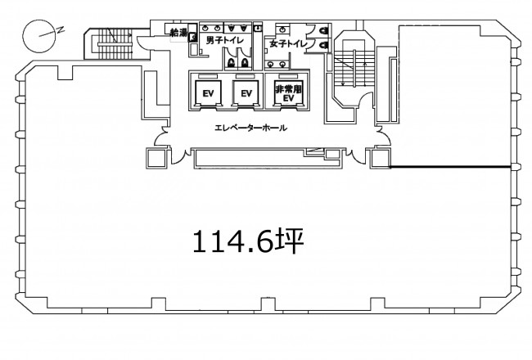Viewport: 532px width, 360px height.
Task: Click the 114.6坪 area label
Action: click(248, 241)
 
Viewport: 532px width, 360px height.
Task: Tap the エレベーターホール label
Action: click(251, 128)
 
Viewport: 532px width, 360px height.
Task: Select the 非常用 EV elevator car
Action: click(288, 93)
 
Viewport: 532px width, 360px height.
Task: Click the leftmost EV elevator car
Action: click(208, 93)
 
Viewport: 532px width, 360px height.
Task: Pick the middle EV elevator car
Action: click(246, 93)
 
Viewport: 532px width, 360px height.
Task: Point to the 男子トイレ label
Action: click(225, 41)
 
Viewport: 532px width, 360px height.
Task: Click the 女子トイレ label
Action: click(288, 43)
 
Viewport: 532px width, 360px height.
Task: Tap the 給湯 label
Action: click(178, 33)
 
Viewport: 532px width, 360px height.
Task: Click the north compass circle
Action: click(39, 36)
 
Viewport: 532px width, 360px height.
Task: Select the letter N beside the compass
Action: click(61, 29)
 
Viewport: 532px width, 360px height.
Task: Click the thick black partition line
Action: click(450, 167)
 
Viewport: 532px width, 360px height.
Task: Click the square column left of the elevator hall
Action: click(156, 158)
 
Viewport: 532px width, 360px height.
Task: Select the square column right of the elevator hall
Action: click(380, 158)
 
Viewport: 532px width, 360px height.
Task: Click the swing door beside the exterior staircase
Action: click(142, 43)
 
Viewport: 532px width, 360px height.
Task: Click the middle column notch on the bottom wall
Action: click(268, 304)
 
